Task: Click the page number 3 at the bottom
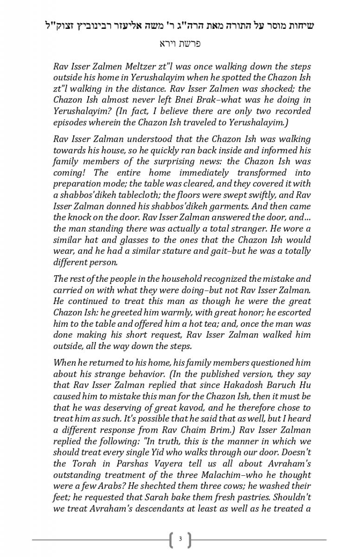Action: pos(180,539)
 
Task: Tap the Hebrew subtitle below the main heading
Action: pos(180,44)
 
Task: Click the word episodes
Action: pos(70,122)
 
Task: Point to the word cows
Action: pos(220,486)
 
